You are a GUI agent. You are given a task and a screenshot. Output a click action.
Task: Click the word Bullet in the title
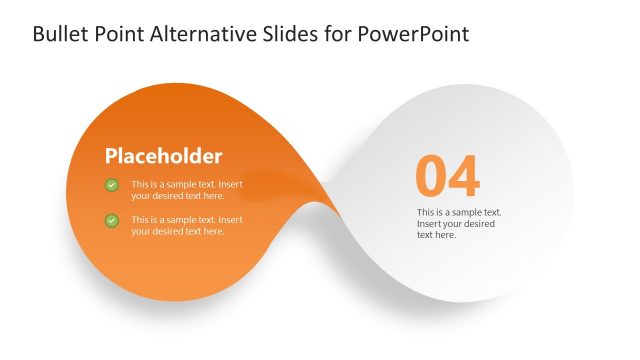point(59,35)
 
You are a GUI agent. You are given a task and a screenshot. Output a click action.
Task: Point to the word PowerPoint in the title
point(418,35)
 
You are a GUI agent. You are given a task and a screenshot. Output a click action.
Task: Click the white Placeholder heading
point(164,156)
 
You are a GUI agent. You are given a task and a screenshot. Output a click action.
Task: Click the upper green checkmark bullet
point(112,185)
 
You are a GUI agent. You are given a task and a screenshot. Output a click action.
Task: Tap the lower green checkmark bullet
point(112,220)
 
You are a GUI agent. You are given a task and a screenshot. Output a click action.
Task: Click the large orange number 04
point(447,177)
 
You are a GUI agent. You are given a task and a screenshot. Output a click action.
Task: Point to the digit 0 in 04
point(431,177)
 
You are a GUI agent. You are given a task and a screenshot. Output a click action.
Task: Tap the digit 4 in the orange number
point(464,177)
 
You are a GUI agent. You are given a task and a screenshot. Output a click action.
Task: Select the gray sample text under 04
point(458,223)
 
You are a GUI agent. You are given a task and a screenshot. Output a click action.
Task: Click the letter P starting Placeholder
point(112,156)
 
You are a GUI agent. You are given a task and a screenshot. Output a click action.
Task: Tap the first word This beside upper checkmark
point(140,184)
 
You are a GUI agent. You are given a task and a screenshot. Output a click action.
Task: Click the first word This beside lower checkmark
point(140,219)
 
